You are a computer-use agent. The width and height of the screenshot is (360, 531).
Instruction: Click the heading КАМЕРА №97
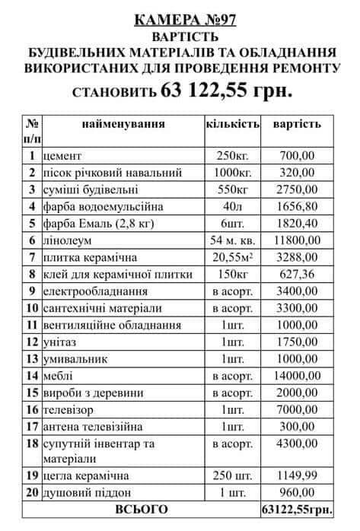[180, 19]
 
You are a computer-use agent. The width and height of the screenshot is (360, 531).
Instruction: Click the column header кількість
[232, 123]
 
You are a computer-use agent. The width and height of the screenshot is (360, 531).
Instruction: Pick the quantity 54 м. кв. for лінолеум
[232, 240]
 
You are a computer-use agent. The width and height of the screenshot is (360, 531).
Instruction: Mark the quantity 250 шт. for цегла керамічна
[232, 475]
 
